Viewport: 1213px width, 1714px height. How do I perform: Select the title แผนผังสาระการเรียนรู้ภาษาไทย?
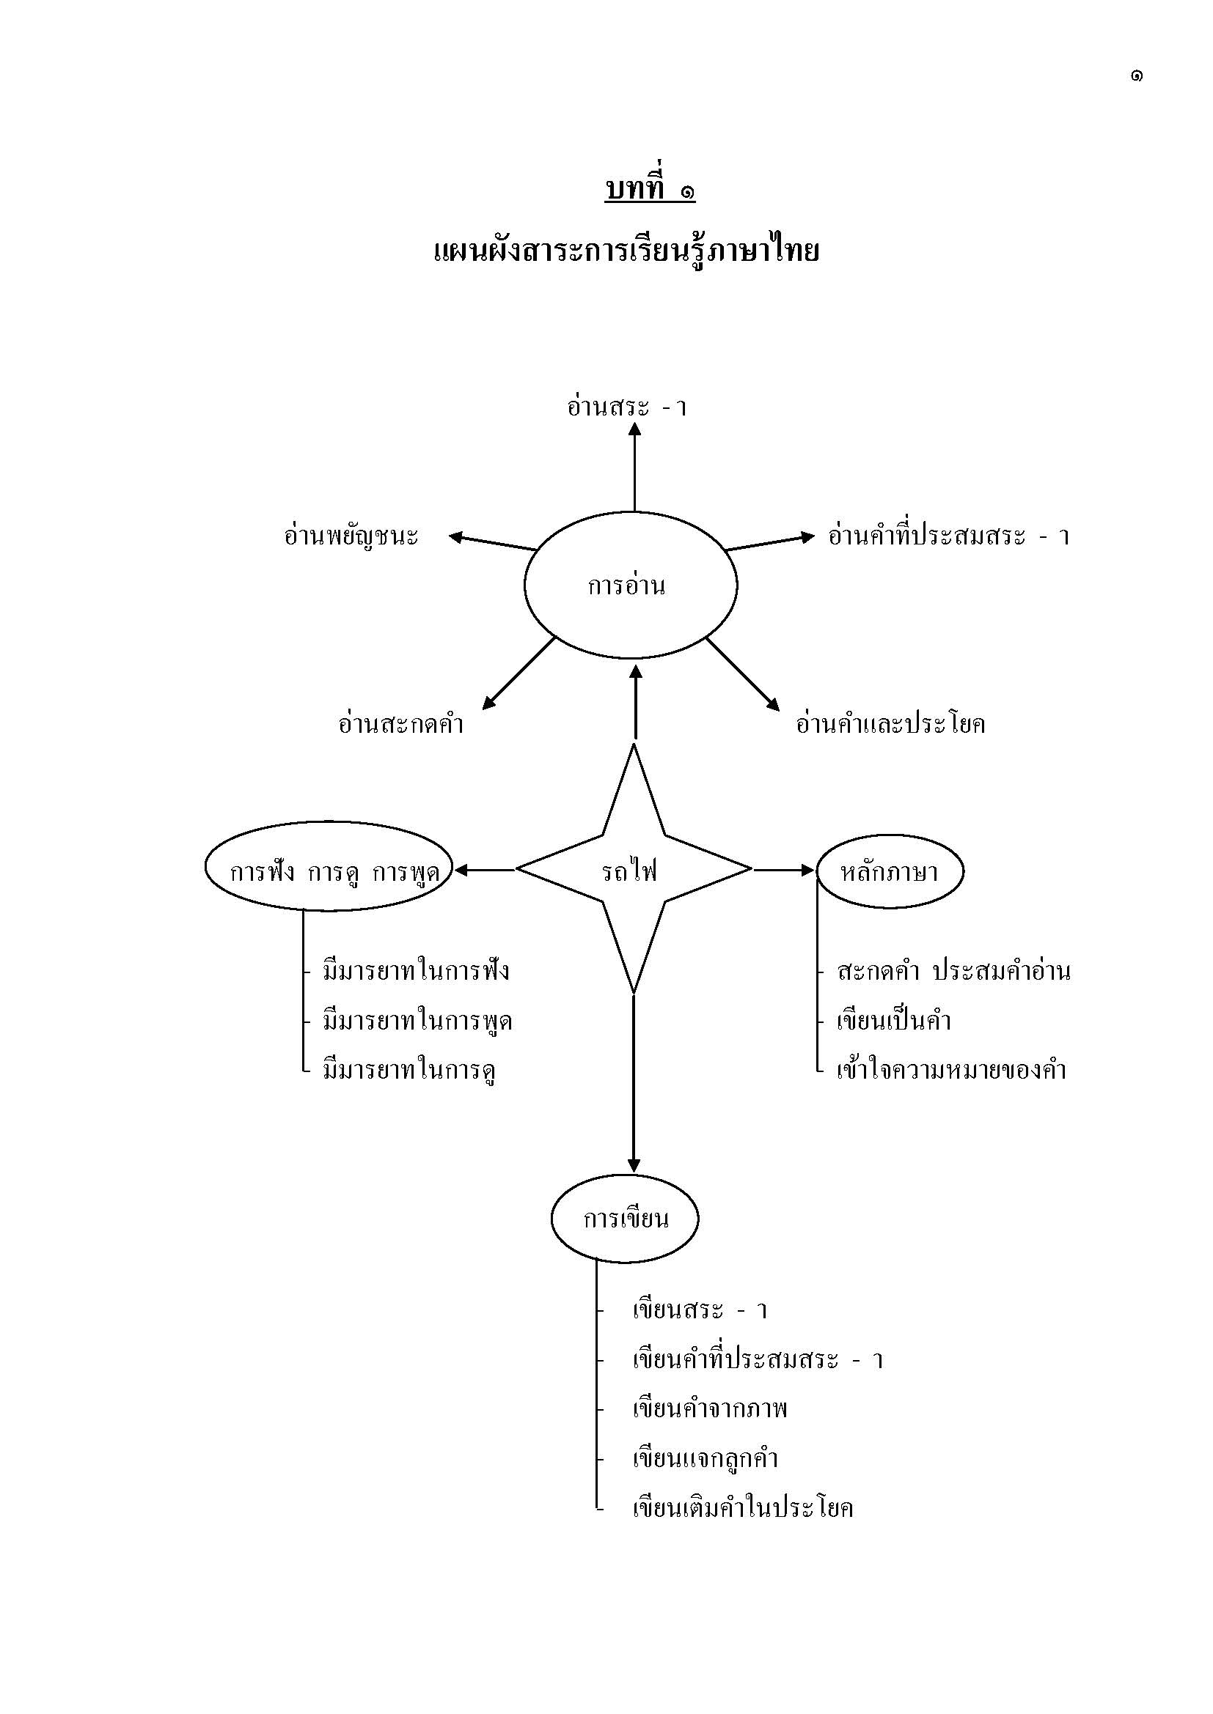coord(626,251)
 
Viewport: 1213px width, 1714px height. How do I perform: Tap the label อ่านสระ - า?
coord(626,407)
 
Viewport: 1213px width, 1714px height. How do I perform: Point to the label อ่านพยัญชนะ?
coord(351,536)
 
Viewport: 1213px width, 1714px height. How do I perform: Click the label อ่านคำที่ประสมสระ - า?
coord(948,536)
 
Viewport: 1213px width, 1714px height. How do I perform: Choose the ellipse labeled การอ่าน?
coord(631,586)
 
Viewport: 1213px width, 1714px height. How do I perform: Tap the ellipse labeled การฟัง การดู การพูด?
coord(329,870)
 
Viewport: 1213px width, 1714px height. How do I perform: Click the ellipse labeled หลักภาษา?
coord(890,871)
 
